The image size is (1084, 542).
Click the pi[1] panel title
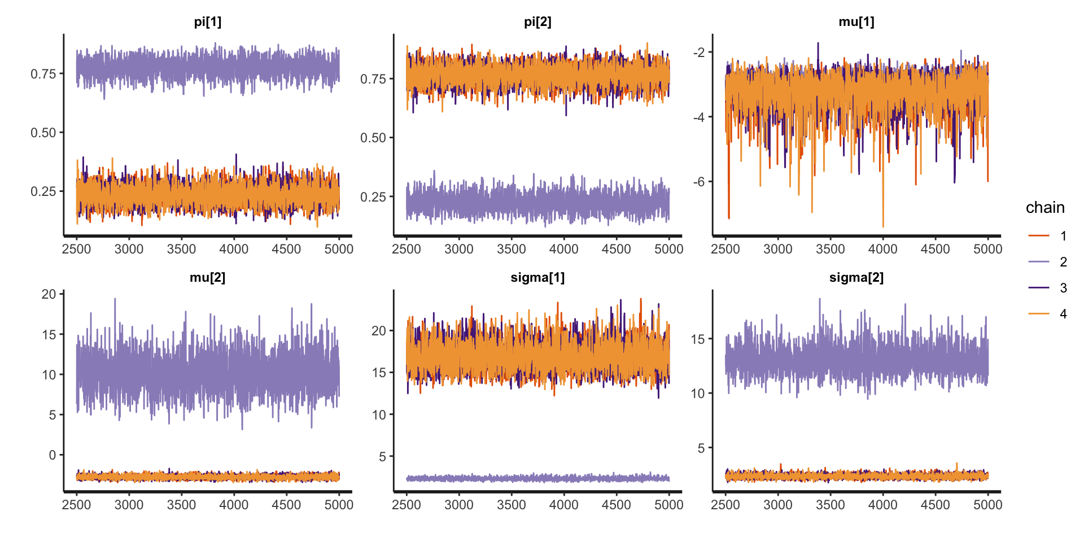click(x=207, y=22)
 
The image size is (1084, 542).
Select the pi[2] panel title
click(x=537, y=22)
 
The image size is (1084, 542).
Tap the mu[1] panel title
click(x=856, y=22)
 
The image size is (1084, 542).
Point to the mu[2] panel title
click(x=207, y=278)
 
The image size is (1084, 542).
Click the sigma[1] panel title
click(x=537, y=278)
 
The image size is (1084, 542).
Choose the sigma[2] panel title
click(x=856, y=278)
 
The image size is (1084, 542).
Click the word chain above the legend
click(x=1045, y=208)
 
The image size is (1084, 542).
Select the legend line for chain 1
click(x=1039, y=235)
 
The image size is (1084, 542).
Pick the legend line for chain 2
click(x=1039, y=261)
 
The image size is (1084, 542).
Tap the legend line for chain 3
click(x=1039, y=287)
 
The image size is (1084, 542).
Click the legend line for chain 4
click(x=1039, y=313)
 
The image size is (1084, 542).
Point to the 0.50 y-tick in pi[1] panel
click(x=43, y=133)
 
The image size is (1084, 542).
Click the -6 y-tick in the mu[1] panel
click(x=699, y=182)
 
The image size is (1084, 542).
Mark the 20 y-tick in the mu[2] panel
click(x=49, y=294)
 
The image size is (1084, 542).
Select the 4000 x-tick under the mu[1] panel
click(x=882, y=249)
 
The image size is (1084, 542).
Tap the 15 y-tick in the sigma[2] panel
click(x=698, y=339)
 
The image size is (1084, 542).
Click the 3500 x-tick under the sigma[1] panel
click(x=511, y=505)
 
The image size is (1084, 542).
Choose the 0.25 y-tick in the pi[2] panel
click(x=373, y=197)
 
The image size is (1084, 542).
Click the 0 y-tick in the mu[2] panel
click(x=52, y=455)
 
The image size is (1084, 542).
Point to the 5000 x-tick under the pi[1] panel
click(x=339, y=249)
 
